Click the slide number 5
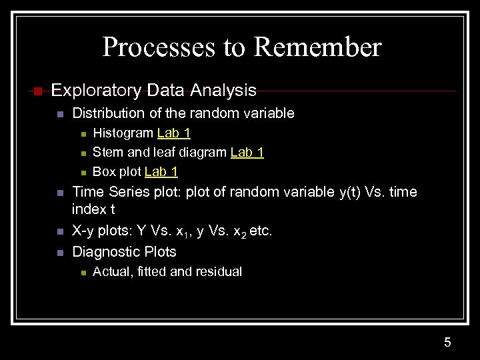click(x=447, y=343)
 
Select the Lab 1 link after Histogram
click(x=174, y=133)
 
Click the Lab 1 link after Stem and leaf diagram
click(x=247, y=153)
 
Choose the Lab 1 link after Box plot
click(x=161, y=172)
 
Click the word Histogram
click(x=123, y=133)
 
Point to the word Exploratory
click(x=95, y=90)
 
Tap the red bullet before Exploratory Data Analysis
click(x=37, y=91)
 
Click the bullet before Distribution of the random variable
click(x=59, y=114)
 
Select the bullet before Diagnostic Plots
click(x=59, y=252)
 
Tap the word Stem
click(x=106, y=153)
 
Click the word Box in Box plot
click(x=103, y=172)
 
